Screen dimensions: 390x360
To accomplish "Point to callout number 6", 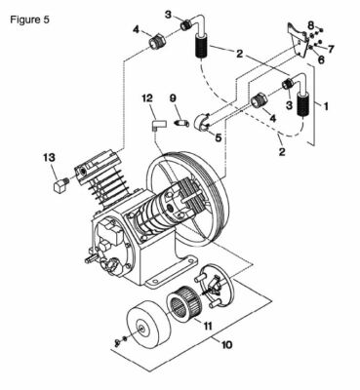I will (320, 59).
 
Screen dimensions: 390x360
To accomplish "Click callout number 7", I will (332, 47).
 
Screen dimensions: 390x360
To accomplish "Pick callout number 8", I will (312, 23).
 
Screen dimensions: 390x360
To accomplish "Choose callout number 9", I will (173, 97).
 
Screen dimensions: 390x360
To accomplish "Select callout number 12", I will (147, 97).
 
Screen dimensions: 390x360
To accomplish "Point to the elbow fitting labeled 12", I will (155, 124).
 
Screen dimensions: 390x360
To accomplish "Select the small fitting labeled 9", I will (180, 123).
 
